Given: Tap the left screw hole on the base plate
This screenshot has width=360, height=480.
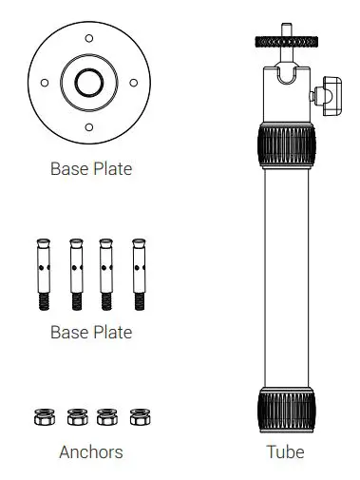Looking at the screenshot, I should click(44, 84).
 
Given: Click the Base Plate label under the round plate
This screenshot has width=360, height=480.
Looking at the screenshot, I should click(90, 170).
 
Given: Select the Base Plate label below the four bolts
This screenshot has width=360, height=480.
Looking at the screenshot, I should click(90, 333).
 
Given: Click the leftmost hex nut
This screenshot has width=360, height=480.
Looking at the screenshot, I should click(43, 416).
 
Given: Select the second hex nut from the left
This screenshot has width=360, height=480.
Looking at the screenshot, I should click(76, 416).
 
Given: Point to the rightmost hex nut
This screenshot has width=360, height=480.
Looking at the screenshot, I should click(140, 416).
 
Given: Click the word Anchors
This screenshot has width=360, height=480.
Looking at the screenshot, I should click(90, 452).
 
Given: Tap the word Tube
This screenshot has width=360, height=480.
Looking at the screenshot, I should click(285, 452).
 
